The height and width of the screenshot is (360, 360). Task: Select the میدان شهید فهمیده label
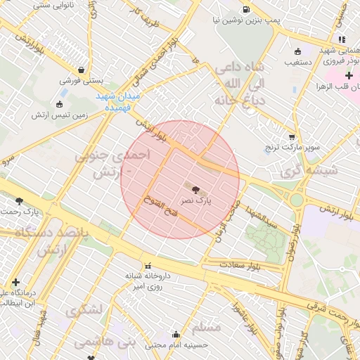coord(118,101)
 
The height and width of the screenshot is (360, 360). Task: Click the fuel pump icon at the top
coord(245,9)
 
